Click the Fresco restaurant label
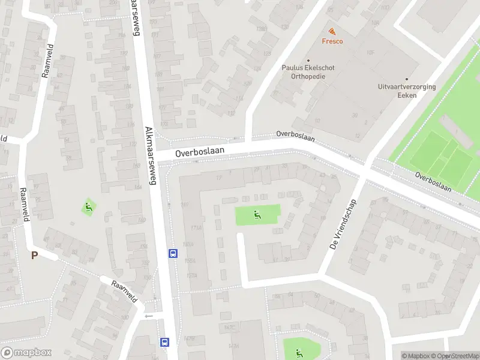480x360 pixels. (x=332, y=41)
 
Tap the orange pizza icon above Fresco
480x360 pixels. (x=332, y=31)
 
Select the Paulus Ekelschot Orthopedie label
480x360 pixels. (x=308, y=71)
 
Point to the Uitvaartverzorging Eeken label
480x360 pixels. (x=407, y=90)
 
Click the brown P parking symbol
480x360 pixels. (x=34, y=255)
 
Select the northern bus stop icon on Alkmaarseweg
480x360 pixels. (x=173, y=253)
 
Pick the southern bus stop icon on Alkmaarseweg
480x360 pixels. (x=164, y=343)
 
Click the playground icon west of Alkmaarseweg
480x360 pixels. (x=89, y=208)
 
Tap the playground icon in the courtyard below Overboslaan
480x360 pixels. (x=257, y=215)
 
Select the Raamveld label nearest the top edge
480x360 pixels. (x=47, y=61)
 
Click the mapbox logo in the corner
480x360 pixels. (x=26, y=352)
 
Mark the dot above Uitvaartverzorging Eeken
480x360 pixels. (x=406, y=79)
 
